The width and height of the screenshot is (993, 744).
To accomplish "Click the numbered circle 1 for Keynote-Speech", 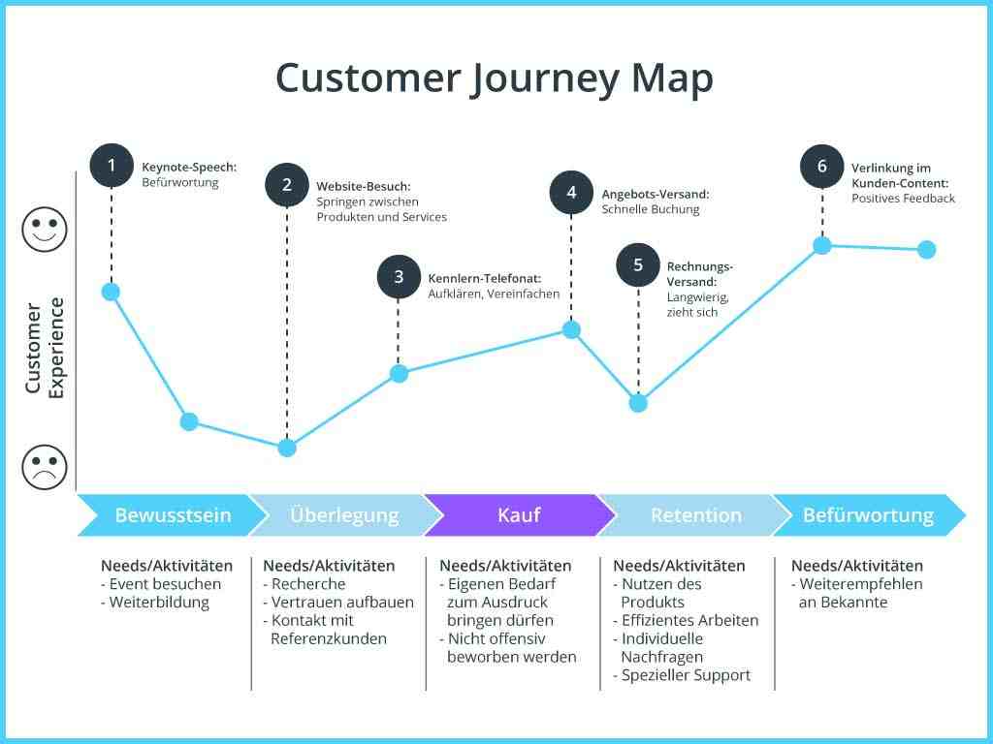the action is (112, 166).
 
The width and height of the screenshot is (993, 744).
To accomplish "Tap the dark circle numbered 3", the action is (399, 276).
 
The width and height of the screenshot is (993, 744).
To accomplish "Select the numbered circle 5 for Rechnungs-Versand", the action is (638, 264).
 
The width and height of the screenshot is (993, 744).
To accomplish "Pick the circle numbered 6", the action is (822, 167).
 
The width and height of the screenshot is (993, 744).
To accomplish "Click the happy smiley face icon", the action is (45, 231).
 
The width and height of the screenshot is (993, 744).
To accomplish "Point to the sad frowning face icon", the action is (45, 467).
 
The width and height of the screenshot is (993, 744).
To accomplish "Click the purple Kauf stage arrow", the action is (520, 515).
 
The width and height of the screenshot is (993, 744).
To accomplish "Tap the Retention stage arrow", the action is (694, 515).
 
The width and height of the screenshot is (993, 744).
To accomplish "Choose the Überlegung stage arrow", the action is (345, 515).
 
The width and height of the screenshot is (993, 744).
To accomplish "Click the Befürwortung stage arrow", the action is (869, 515).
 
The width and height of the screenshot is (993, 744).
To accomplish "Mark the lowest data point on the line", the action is (287, 448).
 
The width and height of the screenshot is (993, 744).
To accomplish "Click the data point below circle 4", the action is (571, 329).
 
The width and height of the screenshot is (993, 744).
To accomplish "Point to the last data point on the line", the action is (926, 249).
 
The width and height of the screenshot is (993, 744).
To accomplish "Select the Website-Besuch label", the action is (364, 187).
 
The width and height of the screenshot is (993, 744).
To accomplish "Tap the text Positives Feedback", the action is (903, 198).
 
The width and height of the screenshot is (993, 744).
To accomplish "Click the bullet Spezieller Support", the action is (682, 675).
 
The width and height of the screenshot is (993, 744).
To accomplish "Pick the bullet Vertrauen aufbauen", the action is (338, 603).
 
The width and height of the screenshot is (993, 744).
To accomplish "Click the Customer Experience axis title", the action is (45, 348).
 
